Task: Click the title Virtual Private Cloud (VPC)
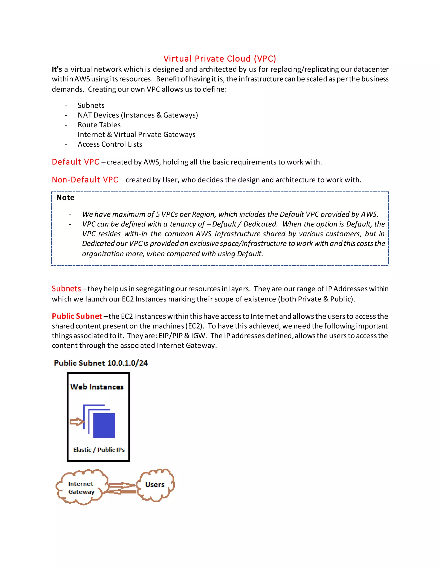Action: (x=220, y=59)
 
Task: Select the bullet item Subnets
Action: (x=91, y=105)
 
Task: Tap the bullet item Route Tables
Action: (x=99, y=125)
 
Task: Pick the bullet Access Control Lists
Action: (x=110, y=144)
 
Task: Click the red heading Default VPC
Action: (x=75, y=162)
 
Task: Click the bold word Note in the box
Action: (x=65, y=198)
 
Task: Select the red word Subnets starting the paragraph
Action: (x=66, y=289)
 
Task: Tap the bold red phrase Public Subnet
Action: (x=77, y=316)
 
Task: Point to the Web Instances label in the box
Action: (x=97, y=387)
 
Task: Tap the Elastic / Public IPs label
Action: (x=99, y=450)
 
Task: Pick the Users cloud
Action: (x=155, y=485)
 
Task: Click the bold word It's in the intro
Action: (x=57, y=69)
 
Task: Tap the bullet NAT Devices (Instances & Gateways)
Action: (x=138, y=115)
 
